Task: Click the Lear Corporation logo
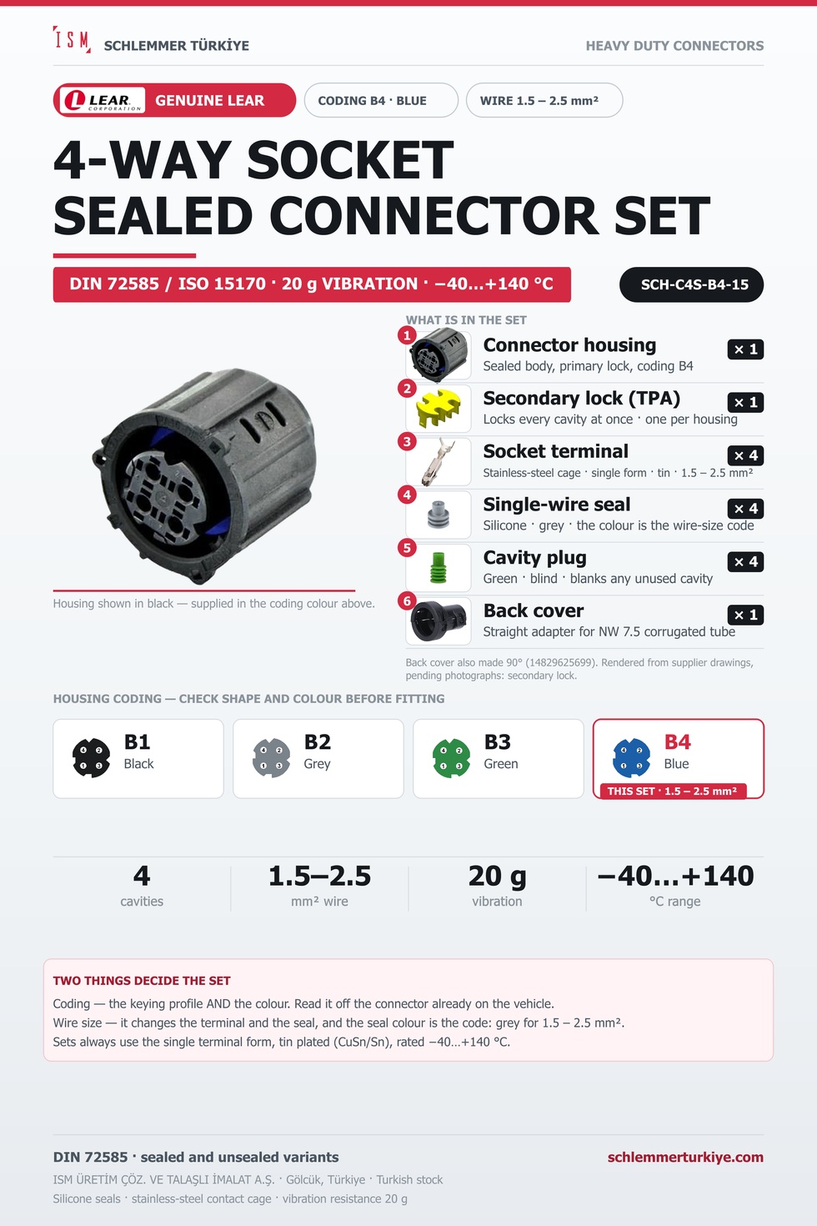102,101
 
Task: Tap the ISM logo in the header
72,39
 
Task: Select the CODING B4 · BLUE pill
381,100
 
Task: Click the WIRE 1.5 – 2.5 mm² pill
544,100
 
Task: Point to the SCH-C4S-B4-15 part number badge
691,284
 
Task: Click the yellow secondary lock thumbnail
439,409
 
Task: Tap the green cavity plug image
439,568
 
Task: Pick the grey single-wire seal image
439,515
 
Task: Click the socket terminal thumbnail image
439,461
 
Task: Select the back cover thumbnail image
439,621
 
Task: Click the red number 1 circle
407,335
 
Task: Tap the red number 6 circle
407,600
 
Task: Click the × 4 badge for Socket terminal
745,455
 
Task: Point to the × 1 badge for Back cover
745,615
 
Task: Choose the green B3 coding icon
451,758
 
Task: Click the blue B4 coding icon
631,758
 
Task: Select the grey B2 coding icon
272,758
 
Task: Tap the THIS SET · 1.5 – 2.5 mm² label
673,791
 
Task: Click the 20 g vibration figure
497,876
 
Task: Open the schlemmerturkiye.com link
685,1157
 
